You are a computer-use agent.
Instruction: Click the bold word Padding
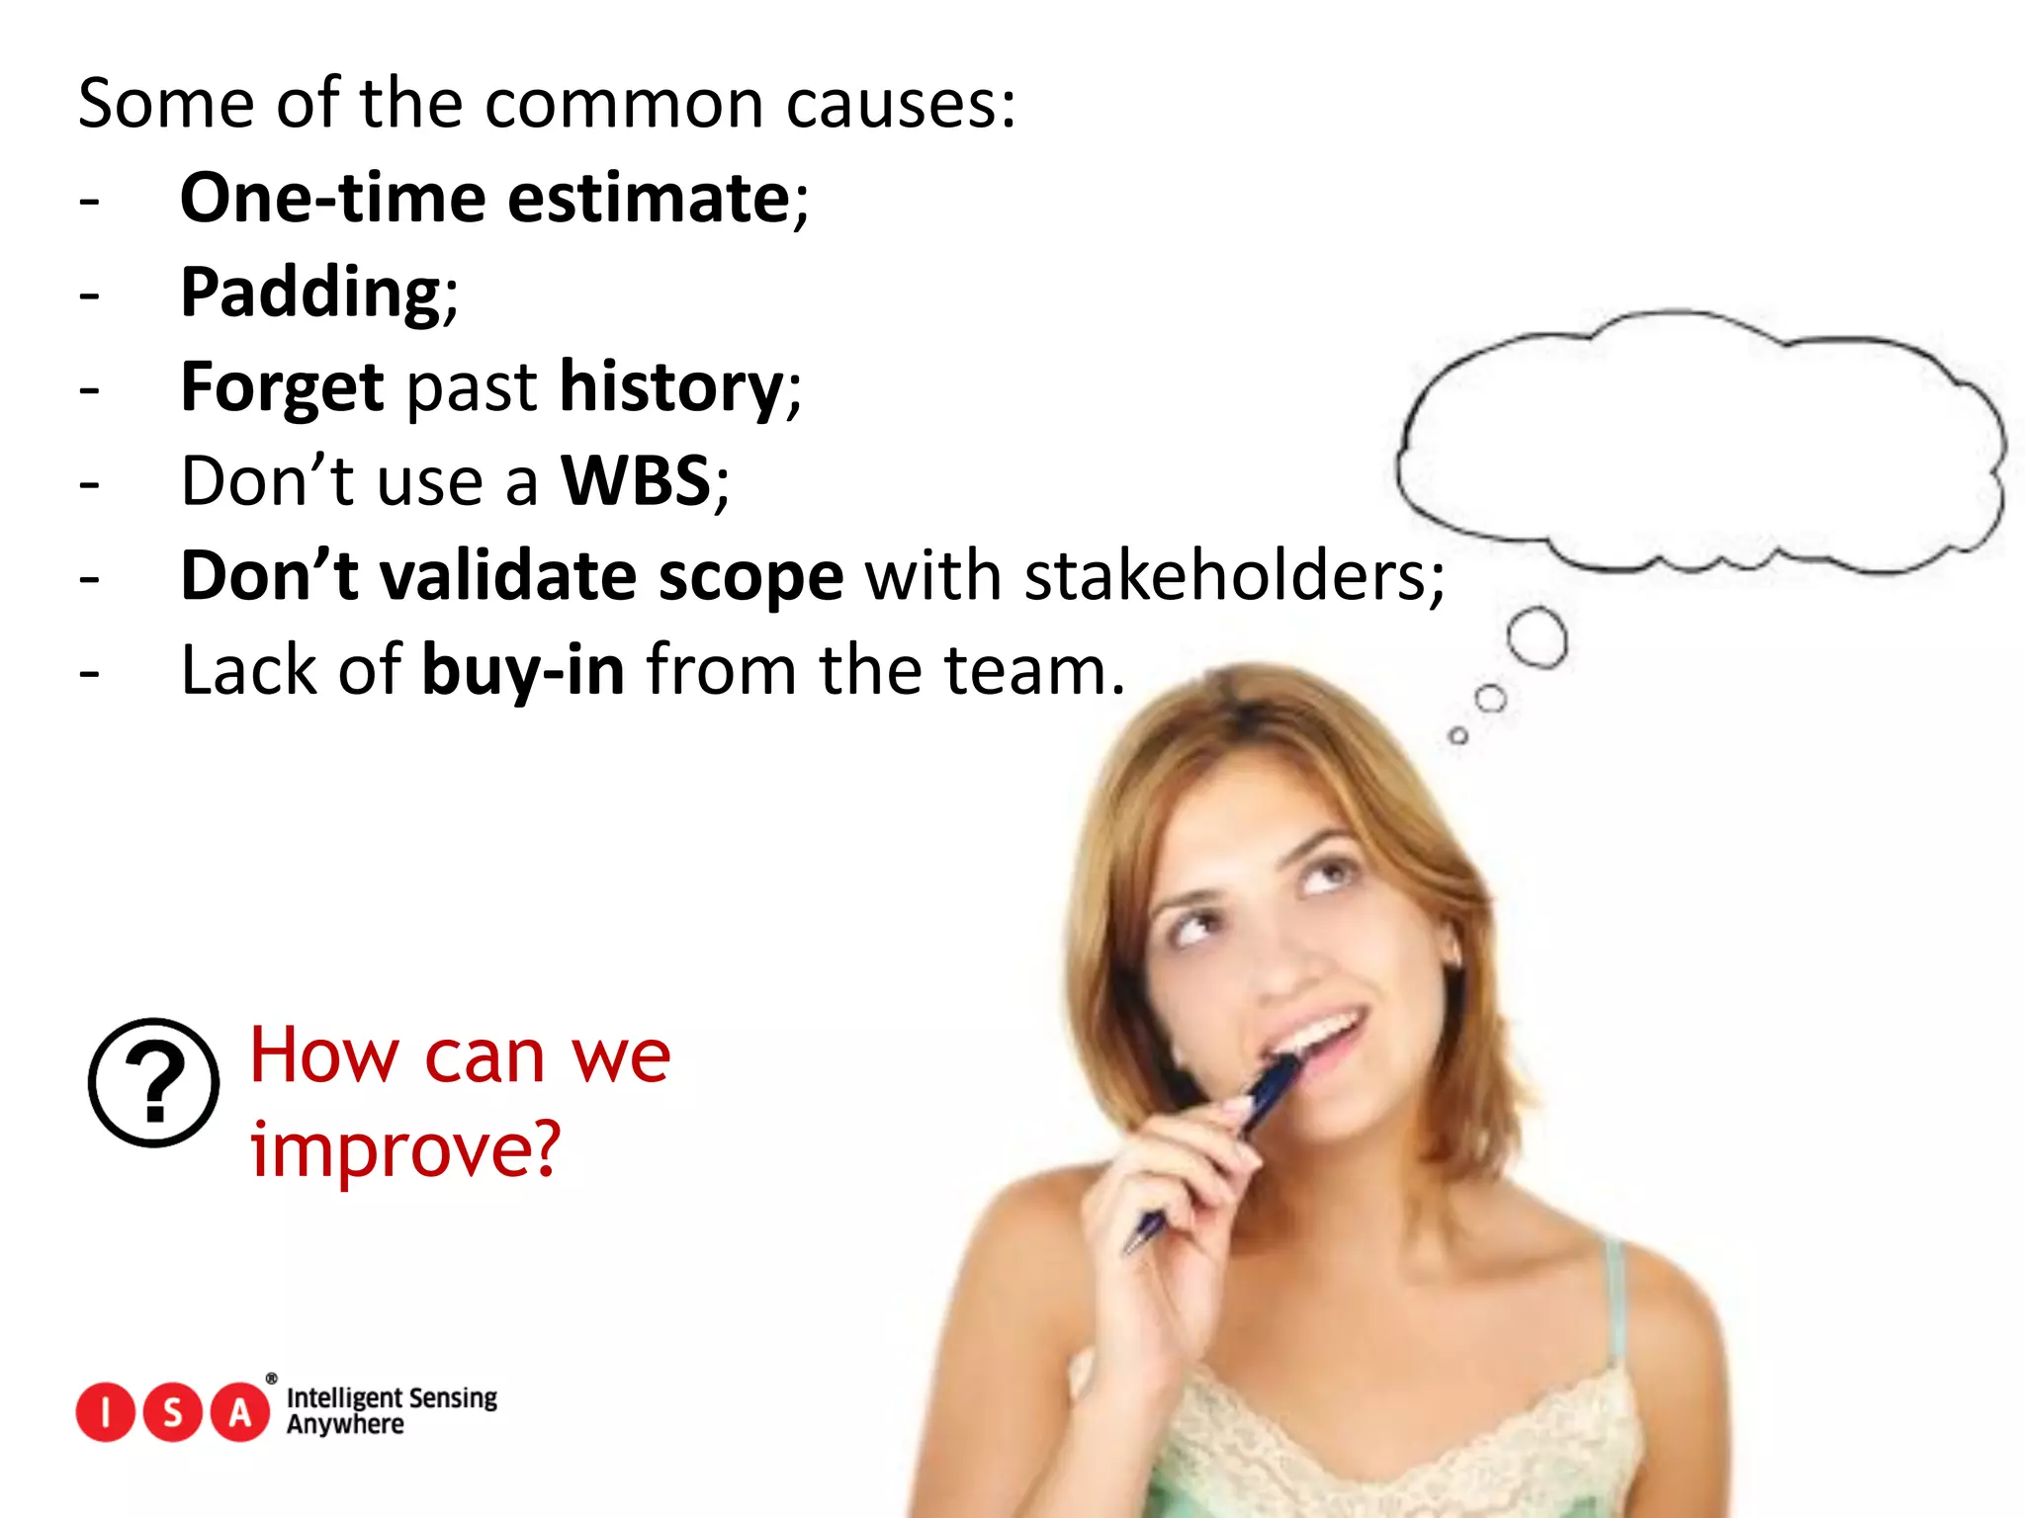309,293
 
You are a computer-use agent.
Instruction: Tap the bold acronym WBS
636,481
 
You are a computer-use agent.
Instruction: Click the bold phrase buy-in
523,670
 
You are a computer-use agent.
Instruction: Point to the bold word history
671,386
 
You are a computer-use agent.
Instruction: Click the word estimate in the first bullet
649,198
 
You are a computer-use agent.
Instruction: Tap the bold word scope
750,575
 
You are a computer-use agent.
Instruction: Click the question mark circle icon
153,1082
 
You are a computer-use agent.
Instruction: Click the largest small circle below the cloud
1537,637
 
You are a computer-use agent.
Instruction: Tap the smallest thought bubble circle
1457,735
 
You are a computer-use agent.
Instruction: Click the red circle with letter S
173,1413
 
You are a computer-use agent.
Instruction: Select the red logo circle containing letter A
240,1413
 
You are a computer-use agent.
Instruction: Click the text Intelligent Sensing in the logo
392,1397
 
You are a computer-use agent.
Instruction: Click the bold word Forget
282,386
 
